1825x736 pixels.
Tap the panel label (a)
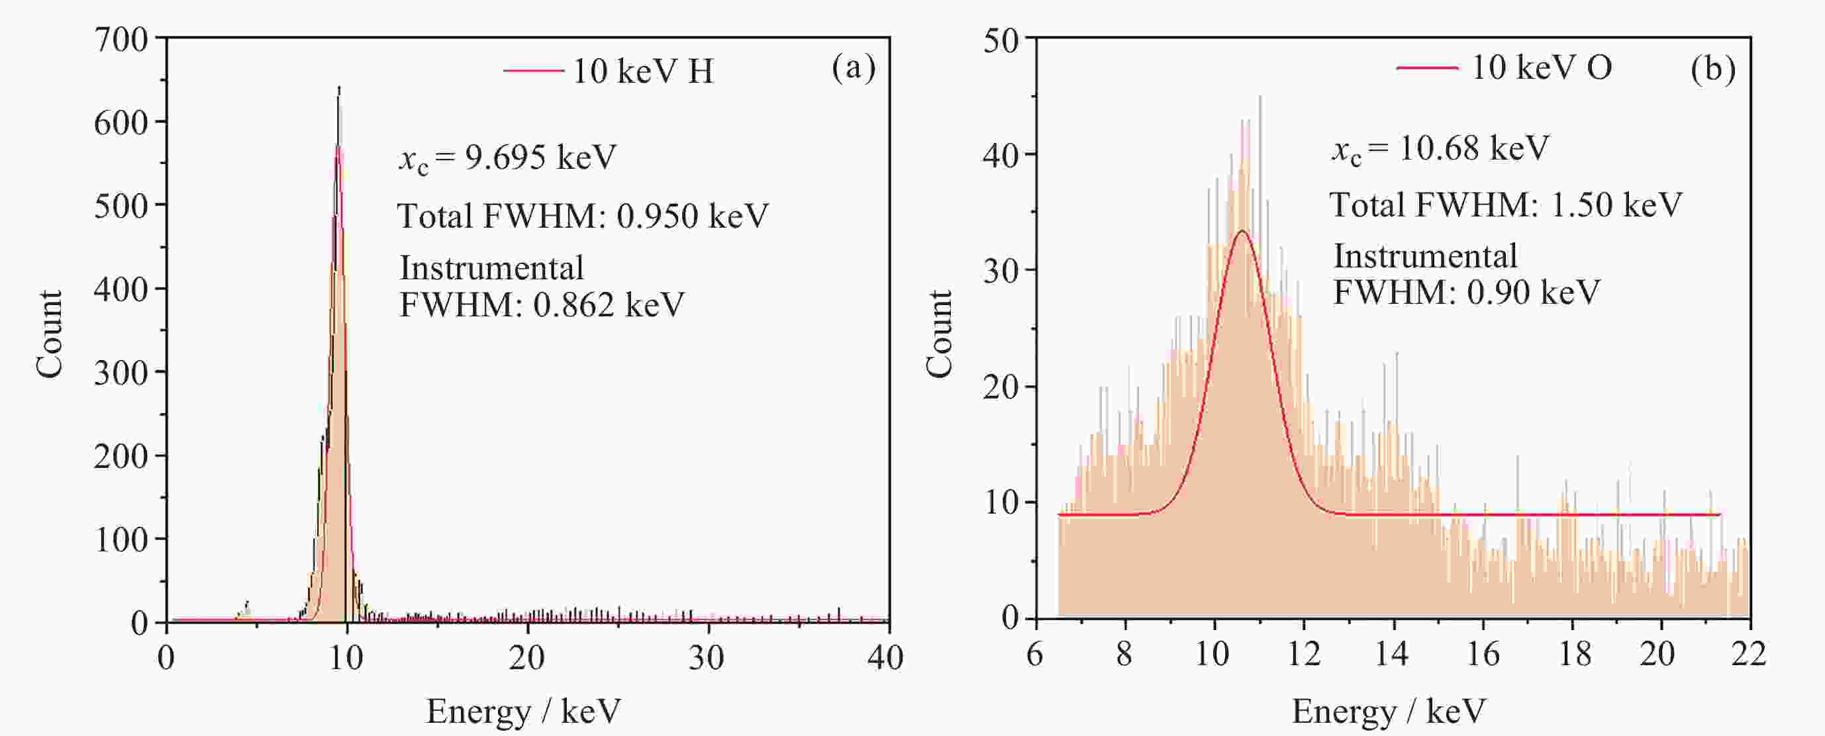[853, 68]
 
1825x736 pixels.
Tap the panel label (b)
[1712, 69]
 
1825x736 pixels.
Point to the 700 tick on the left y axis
[121, 39]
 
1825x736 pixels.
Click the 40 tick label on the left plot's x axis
[885, 658]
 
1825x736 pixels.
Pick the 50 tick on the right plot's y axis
[1001, 40]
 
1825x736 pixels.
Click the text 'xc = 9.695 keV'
[507, 158]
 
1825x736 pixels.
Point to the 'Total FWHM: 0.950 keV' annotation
[582, 216]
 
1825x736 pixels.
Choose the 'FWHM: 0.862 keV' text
[542, 305]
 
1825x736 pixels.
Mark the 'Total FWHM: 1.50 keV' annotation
[1505, 205]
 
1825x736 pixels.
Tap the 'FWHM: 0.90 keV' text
[1467, 293]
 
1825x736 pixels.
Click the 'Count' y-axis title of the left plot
[50, 333]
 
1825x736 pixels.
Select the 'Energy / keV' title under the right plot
[1389, 710]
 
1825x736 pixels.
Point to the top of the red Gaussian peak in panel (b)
[1242, 231]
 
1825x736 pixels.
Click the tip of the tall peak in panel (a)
[338, 89]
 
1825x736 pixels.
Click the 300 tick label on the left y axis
[121, 373]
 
